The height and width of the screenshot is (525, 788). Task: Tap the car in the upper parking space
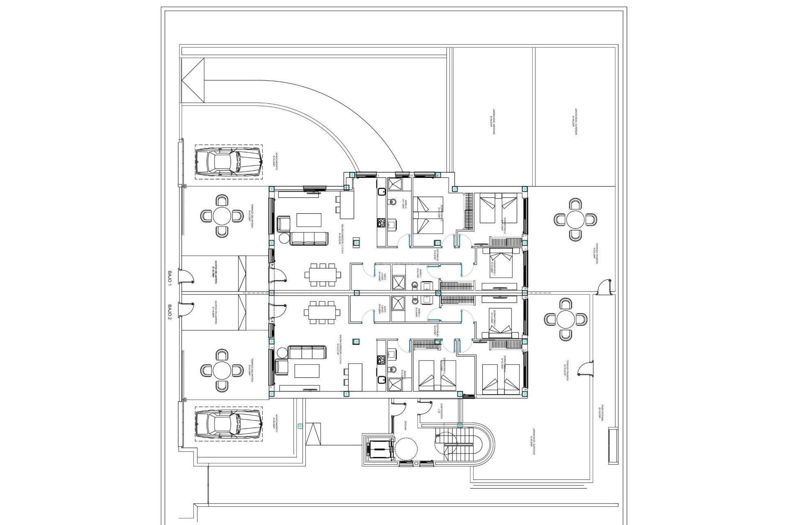[228, 162]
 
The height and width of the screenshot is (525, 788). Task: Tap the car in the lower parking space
[228, 424]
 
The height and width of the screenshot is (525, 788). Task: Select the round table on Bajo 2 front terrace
[222, 370]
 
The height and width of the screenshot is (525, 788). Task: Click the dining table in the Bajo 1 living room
[322, 274]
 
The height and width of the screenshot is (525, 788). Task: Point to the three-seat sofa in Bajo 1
[309, 238]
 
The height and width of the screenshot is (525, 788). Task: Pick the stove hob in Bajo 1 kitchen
[381, 223]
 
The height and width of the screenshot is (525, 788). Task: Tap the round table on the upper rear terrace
[575, 219]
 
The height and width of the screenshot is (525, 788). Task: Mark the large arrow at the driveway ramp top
[193, 80]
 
